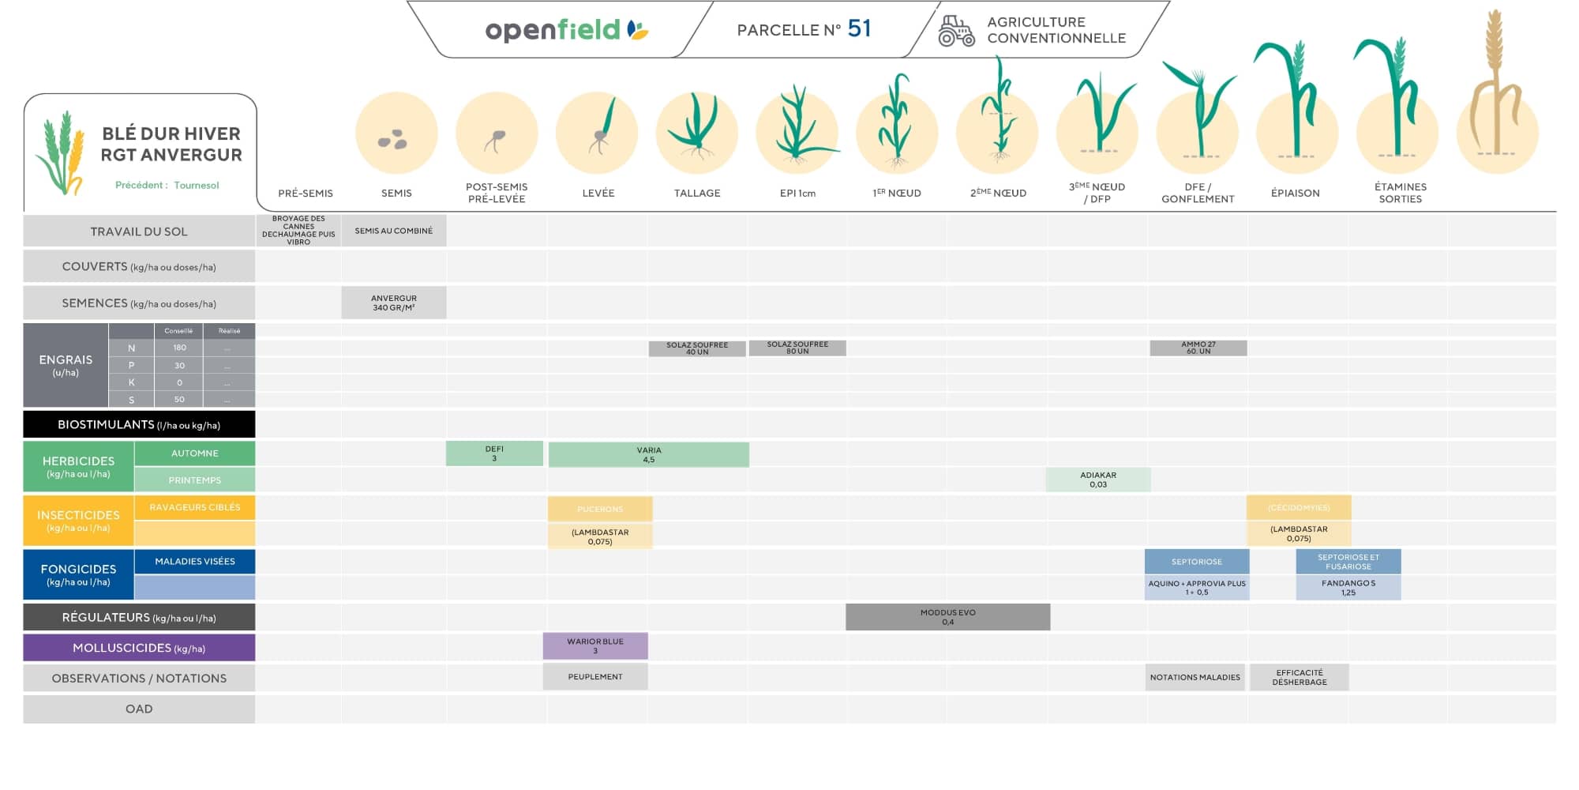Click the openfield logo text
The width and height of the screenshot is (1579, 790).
click(553, 30)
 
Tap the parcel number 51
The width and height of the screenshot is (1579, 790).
click(859, 28)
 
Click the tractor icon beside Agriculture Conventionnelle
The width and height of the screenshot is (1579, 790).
click(956, 31)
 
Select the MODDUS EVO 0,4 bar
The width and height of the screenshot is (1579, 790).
click(947, 617)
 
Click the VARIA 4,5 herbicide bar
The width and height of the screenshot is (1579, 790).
click(648, 454)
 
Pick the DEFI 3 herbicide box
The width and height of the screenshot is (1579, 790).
click(494, 453)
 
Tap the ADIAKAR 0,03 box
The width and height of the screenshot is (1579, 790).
click(1097, 480)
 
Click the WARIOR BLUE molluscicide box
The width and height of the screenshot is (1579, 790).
click(595, 645)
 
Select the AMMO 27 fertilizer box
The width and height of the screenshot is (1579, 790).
click(1198, 348)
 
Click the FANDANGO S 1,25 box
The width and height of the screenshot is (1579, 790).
click(1348, 587)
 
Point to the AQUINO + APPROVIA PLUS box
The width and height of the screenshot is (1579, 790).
click(1196, 587)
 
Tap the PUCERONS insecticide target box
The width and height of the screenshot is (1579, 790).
click(600, 509)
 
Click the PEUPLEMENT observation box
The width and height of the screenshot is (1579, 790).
click(595, 676)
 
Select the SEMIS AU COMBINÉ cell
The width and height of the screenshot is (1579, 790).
click(393, 231)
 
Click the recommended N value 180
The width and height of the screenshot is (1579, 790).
click(179, 348)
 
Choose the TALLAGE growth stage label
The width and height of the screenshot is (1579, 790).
click(696, 193)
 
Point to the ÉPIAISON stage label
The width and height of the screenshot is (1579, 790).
click(1295, 193)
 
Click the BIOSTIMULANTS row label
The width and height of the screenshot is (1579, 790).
click(139, 424)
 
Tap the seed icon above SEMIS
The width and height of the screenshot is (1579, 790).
click(393, 140)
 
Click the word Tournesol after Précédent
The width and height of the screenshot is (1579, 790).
click(197, 185)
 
